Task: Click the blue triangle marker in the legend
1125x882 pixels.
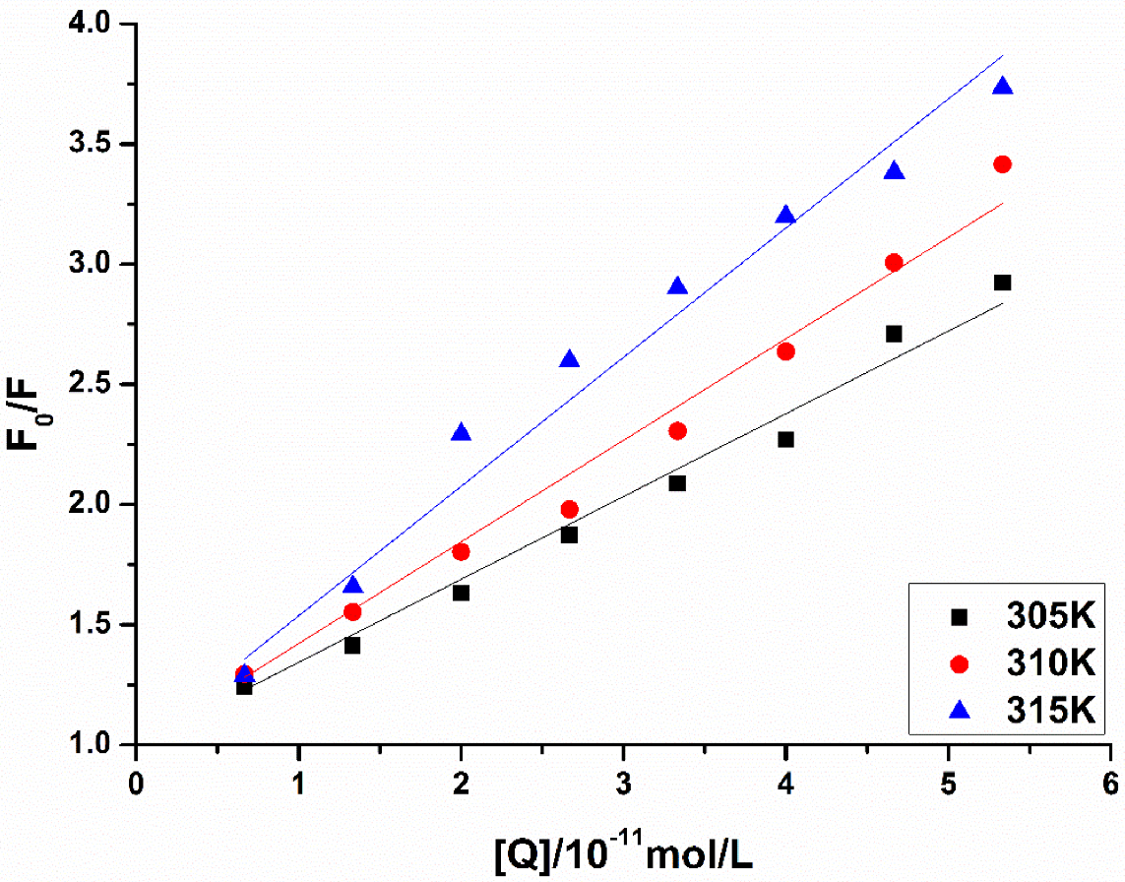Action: coord(960,710)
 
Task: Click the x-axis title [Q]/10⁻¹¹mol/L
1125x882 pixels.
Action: coord(623,852)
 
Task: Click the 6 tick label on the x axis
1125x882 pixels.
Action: coord(1110,784)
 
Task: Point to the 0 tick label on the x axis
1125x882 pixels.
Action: coord(136,784)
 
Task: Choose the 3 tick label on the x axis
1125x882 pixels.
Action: coord(623,784)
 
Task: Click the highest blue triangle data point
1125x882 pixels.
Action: coord(1002,86)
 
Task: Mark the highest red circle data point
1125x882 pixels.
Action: coord(1002,164)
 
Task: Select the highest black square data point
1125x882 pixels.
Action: coord(1002,283)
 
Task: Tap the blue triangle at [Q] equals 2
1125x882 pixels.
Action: coord(461,432)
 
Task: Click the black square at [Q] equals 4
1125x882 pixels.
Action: coord(785,439)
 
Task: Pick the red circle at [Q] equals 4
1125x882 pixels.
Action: coord(785,351)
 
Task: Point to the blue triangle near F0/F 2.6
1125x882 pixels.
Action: coord(569,359)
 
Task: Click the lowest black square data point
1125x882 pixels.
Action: coord(244,687)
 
